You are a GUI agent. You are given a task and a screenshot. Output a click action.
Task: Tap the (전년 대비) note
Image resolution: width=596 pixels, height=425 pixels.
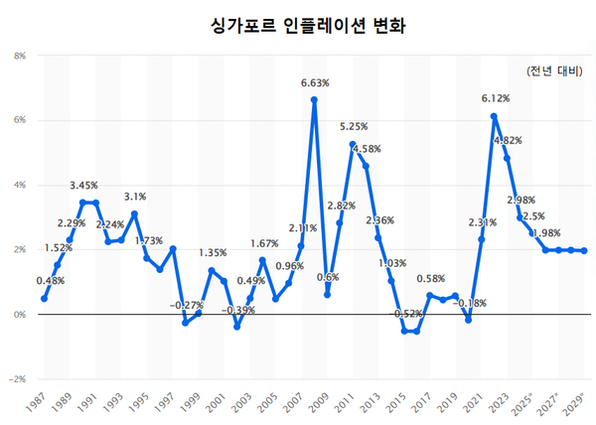(555, 71)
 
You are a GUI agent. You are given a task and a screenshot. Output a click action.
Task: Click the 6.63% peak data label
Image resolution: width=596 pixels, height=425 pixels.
(315, 82)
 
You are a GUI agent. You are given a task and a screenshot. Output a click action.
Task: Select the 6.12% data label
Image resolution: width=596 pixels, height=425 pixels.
(495, 99)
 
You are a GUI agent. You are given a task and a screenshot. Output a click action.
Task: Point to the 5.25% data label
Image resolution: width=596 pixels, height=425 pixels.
(355, 127)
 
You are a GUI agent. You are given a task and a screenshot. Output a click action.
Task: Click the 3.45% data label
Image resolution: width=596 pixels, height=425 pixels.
(84, 186)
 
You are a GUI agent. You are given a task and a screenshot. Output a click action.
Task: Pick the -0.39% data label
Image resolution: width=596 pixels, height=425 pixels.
(237, 310)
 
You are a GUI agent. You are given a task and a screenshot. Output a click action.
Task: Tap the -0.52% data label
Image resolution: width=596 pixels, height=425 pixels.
(406, 314)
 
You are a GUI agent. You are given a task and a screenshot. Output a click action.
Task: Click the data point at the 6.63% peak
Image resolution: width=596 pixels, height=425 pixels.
(314, 99)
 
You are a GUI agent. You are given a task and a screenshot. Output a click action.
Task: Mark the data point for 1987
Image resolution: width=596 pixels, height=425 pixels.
(45, 299)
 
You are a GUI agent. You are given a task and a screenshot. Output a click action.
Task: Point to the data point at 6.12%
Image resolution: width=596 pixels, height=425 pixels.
(494, 116)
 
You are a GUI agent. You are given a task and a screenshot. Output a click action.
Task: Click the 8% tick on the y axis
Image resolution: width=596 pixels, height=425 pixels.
(19, 56)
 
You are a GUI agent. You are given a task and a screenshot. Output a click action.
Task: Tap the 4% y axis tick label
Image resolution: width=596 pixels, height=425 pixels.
(19, 185)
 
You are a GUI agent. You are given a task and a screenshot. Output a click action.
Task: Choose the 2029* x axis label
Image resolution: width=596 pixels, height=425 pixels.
(573, 402)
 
